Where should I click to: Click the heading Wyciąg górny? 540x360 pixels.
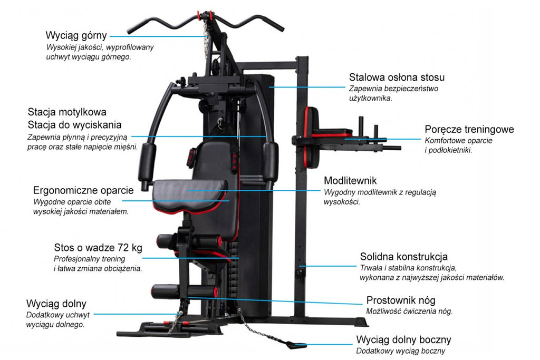pyautogui.click(x=76, y=36)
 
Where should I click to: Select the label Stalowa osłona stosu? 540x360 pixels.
pyautogui.click(x=397, y=77)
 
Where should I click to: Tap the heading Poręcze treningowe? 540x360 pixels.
pyautogui.click(x=469, y=130)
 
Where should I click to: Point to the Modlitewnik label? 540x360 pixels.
pyautogui.click(x=350, y=181)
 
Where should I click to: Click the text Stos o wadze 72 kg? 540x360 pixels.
pyautogui.click(x=98, y=248)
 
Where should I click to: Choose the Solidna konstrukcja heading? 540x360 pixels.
pyautogui.click(x=403, y=257)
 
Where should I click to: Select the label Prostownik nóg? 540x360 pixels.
pyautogui.click(x=401, y=300)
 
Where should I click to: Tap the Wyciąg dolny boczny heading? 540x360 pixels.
pyautogui.click(x=403, y=339)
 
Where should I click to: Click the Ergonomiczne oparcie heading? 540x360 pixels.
pyautogui.click(x=83, y=190)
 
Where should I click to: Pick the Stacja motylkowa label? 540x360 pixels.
pyautogui.click(x=67, y=112)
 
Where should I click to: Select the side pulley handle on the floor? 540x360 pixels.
pyautogui.click(x=292, y=345)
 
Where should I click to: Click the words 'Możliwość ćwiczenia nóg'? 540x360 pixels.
pyautogui.click(x=409, y=311)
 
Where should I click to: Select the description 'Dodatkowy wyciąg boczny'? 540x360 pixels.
pyautogui.click(x=400, y=351)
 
